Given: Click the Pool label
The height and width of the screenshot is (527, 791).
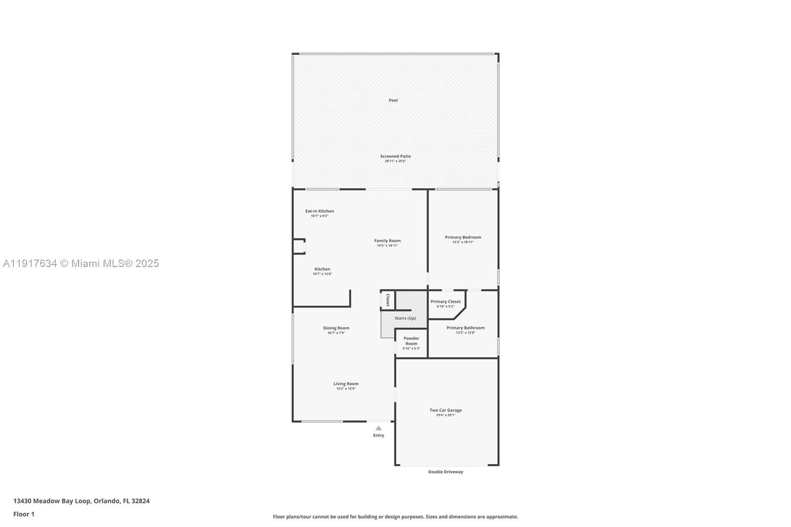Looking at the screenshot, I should [x=393, y=100].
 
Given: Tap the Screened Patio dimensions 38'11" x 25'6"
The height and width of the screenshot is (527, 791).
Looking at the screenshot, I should [x=395, y=161].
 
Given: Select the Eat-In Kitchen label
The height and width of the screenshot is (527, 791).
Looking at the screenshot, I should [x=319, y=211].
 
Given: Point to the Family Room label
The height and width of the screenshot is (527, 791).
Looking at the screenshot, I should [x=387, y=241].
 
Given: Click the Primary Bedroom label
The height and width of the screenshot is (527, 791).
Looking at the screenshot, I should [x=463, y=237].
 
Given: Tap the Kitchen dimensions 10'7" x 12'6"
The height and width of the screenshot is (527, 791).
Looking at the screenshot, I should [x=322, y=274].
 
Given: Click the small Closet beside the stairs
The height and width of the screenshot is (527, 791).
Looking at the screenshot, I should [x=388, y=300].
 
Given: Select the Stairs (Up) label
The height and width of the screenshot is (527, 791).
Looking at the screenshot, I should [x=405, y=318].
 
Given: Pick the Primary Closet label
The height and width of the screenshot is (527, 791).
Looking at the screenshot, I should [x=445, y=302].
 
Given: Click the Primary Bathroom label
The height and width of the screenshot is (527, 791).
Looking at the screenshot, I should [x=465, y=328].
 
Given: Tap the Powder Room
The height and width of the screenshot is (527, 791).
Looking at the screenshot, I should [x=411, y=341].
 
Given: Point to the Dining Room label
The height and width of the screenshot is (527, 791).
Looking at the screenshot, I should [x=336, y=328].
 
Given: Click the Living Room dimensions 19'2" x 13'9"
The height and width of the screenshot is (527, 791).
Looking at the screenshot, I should [x=346, y=389].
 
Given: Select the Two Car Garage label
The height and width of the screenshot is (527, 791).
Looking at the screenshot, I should [x=445, y=410].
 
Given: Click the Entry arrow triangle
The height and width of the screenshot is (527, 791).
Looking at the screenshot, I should [x=378, y=429].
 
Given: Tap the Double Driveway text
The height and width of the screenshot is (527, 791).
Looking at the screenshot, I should [x=445, y=472].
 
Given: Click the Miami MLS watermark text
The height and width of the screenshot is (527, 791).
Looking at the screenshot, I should [x=81, y=263].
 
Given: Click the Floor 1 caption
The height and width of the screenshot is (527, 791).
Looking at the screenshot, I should [x=24, y=514].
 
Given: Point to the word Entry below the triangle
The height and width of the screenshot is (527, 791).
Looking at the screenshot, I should [x=378, y=436].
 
